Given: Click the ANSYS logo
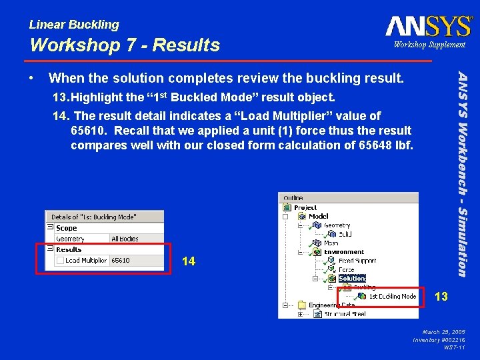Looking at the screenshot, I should point(428,26).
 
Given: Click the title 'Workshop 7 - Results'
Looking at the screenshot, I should point(125,45).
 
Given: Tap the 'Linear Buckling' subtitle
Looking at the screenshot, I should point(74,25).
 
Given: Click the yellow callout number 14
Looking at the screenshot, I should point(189,261).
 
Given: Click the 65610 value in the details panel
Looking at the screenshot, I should point(121,261).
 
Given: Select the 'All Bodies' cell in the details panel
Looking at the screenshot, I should point(125,239).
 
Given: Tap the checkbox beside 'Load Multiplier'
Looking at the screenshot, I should point(60,261).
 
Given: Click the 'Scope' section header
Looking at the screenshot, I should point(66,228).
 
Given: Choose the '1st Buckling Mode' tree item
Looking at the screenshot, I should point(393,296).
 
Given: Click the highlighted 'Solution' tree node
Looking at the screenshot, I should point(352,279).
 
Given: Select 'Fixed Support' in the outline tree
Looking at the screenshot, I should point(357,261).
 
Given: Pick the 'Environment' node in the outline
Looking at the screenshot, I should point(344,252).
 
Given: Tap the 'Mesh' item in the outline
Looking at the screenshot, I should point(331,243).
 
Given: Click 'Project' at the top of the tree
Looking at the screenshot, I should point(305,207).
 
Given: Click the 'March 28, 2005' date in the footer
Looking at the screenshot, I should point(445,331).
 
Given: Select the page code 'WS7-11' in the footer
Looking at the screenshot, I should point(455,347).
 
